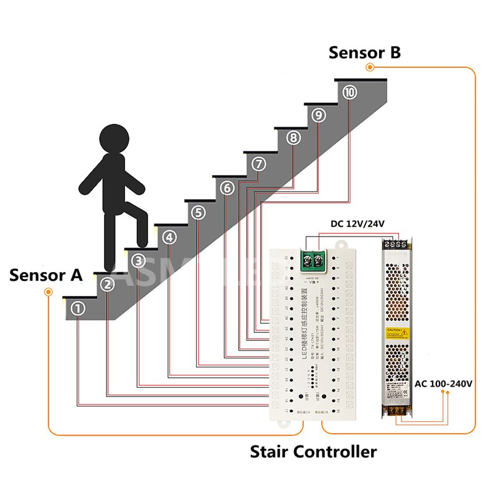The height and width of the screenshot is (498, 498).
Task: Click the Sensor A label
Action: tap(46, 275)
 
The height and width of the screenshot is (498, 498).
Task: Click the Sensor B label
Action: tap(365, 53)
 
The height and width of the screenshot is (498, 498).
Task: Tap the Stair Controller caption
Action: tap(313, 451)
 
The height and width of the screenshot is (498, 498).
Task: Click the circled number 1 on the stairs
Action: tap(78, 308)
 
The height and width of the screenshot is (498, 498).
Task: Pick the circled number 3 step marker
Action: tap(139, 261)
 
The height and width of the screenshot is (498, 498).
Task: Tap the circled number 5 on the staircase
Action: tap(199, 212)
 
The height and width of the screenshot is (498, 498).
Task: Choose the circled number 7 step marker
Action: tap(259, 164)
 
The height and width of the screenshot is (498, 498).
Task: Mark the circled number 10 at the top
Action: tap(350, 92)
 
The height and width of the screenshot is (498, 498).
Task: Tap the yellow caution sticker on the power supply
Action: tap(397, 332)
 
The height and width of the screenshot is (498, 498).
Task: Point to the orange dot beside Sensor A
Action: tap(48, 293)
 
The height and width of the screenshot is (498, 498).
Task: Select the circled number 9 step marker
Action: tap(319, 115)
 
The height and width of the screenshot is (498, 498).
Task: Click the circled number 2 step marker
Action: tap(108, 284)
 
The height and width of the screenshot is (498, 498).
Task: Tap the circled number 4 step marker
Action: tap(169, 237)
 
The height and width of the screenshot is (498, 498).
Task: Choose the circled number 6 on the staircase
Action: tap(228, 187)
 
